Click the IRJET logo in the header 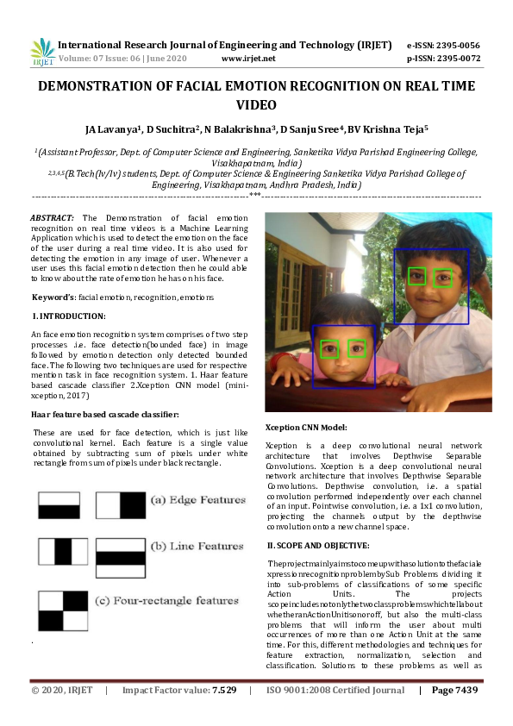pos(41,52)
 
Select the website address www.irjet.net pos(248,59)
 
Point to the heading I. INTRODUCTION pos(68,316)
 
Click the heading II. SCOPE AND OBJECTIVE pos(318,545)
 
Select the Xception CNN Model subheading pos(305,426)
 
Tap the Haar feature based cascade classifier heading pos(104,415)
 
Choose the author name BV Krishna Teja pos(386,130)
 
